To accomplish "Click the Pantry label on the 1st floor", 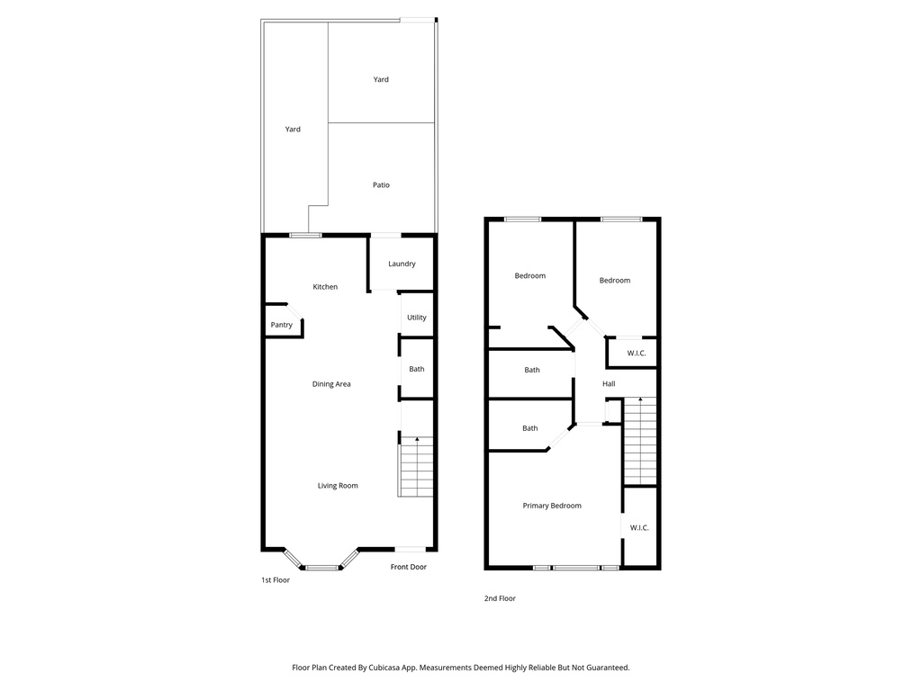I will click(282, 325).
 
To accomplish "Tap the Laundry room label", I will click(402, 264).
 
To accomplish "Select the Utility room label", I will click(417, 318).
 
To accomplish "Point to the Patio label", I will click(382, 185).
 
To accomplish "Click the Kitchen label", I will click(325, 287).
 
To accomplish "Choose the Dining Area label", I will click(331, 384).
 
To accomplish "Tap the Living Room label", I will click(338, 486).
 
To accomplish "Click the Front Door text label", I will click(409, 567).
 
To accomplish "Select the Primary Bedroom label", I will click(552, 506).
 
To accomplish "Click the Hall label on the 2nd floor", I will click(609, 384).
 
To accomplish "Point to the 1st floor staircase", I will click(417, 467).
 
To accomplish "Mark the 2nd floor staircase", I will click(640, 441).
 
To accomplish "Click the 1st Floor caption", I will click(276, 580).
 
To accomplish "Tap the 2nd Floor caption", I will click(501, 598).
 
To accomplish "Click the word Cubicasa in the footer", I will click(385, 668).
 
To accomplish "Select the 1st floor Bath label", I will click(417, 369).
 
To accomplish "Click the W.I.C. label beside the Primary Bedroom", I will click(639, 527).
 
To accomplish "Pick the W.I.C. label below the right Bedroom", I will click(637, 354).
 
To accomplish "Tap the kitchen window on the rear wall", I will click(305, 236).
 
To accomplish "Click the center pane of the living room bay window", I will click(323, 568).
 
